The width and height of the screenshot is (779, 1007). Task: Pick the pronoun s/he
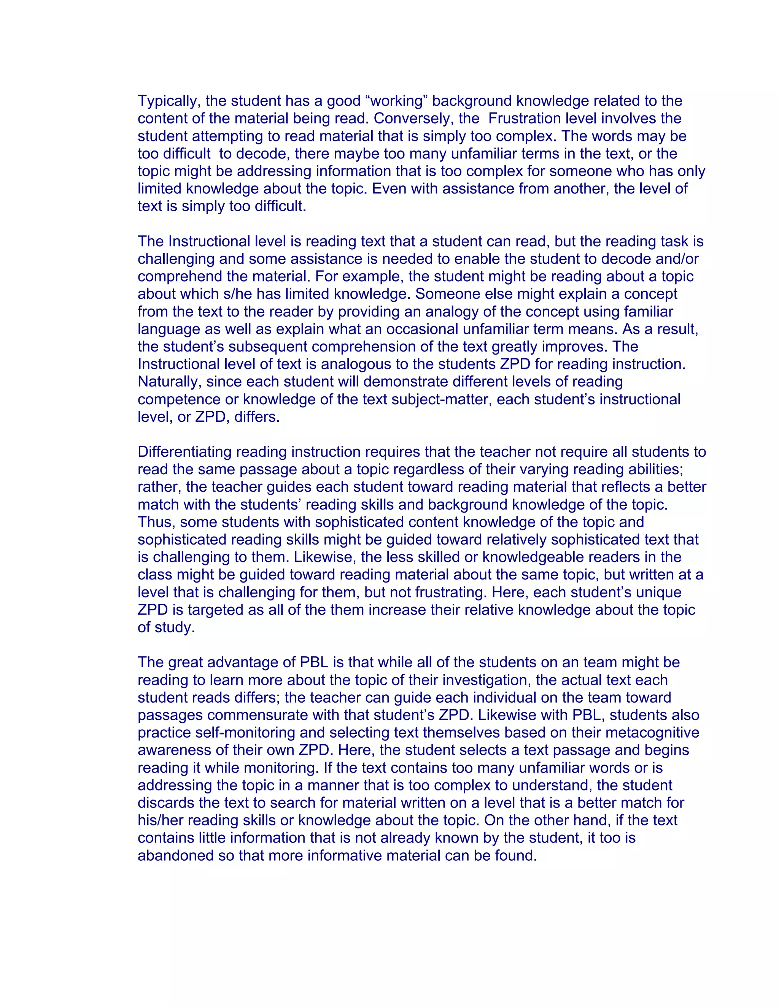tap(238, 294)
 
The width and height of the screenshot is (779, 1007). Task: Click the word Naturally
tap(169, 382)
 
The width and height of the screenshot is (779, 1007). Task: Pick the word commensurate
tap(260, 715)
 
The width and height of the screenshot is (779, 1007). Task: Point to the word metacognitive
tap(653, 733)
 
